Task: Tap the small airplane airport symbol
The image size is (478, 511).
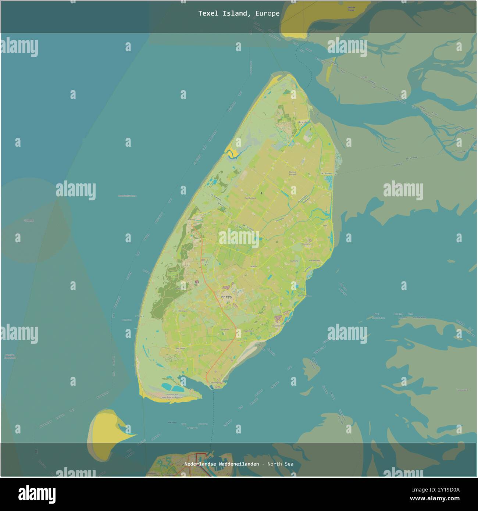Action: click(x=261, y=193)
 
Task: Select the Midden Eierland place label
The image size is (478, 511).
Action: click(x=292, y=173)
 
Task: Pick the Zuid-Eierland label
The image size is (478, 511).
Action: click(x=250, y=198)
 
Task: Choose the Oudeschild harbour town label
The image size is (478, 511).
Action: click(x=277, y=325)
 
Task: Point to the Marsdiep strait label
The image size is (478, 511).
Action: click(x=172, y=422)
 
